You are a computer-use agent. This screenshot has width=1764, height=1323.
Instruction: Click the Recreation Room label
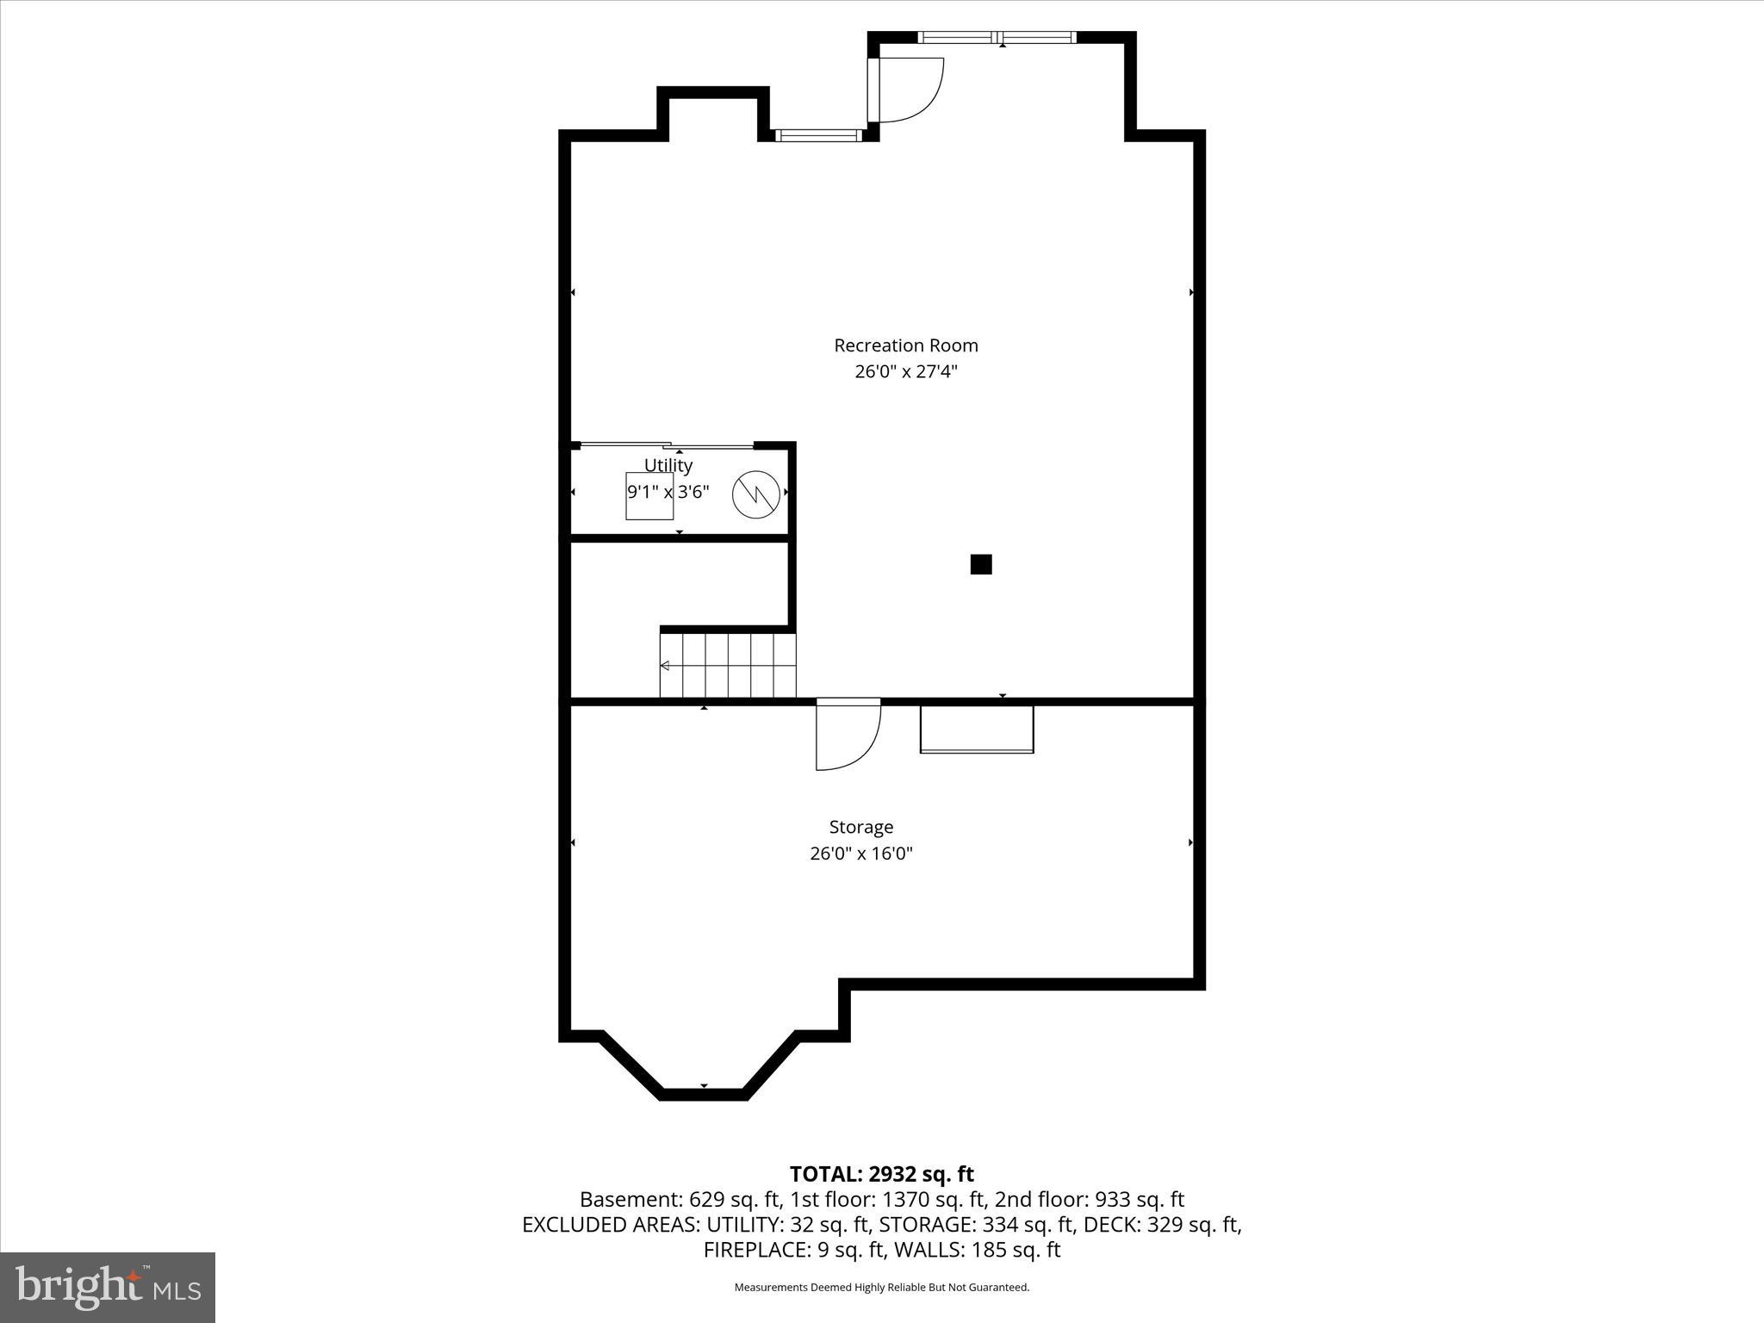905,345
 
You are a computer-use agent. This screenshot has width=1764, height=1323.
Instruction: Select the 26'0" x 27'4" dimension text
905,372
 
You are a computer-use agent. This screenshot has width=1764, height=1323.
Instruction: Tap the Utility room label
668,465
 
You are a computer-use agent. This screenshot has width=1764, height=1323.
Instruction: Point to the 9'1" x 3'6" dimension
668,492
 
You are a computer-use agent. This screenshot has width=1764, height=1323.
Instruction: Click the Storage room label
860,827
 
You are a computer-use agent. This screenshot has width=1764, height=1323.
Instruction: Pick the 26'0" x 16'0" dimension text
860,854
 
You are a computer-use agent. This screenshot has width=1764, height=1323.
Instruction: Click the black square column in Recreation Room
981,564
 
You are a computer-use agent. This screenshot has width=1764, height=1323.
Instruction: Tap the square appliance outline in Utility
649,496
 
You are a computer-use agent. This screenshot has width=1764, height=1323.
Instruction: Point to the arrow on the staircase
665,666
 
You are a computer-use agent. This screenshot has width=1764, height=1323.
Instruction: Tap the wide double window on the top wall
997,37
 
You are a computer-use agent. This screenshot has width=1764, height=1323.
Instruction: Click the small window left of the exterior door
818,135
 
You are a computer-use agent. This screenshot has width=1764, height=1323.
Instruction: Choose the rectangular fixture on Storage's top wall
977,730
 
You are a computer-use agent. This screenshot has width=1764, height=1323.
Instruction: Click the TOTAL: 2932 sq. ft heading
881,1174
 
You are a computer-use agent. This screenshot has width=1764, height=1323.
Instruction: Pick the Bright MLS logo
108,1287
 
